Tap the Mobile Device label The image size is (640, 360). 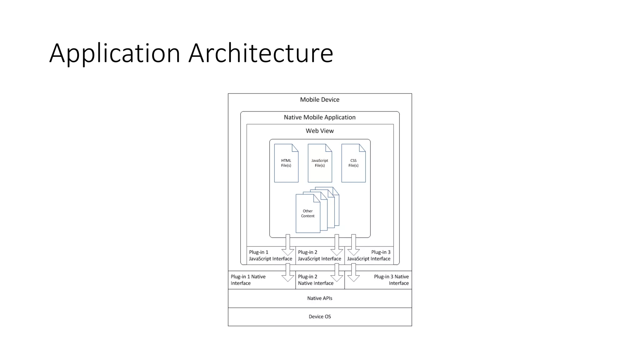[x=320, y=100]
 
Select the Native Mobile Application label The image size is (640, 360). [x=320, y=117]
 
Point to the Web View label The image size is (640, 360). [x=320, y=131]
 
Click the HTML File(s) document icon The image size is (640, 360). [x=286, y=163]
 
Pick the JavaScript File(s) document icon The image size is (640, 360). [x=320, y=163]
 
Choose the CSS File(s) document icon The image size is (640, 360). [x=353, y=163]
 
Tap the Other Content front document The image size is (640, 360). [x=308, y=214]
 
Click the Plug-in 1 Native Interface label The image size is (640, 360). [x=248, y=280]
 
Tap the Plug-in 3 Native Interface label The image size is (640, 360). [x=391, y=280]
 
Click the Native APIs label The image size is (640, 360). [x=320, y=298]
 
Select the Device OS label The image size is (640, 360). [x=320, y=317]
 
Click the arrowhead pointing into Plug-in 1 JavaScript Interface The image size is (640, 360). [x=288, y=252]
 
